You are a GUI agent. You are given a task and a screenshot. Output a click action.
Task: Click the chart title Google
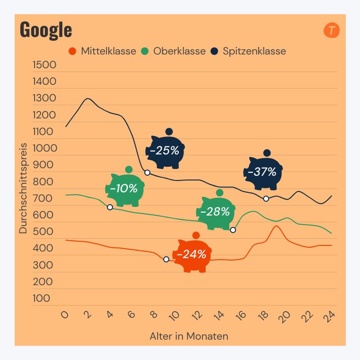(x=46, y=30)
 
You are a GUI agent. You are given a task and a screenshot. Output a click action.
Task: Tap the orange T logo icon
(x=332, y=31)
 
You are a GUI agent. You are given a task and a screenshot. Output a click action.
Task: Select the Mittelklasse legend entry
(x=103, y=51)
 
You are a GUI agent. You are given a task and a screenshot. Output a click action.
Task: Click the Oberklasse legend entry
(x=174, y=51)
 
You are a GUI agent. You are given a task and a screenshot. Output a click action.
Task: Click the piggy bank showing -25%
(x=165, y=151)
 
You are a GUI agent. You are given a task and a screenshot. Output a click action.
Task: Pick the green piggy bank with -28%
(x=216, y=212)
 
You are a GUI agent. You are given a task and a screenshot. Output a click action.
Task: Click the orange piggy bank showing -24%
(x=193, y=254)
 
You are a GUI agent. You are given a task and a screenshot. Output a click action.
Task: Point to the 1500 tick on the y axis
(x=44, y=65)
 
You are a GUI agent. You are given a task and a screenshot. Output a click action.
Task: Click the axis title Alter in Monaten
(x=189, y=337)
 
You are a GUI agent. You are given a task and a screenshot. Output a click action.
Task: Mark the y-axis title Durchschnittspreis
(x=23, y=188)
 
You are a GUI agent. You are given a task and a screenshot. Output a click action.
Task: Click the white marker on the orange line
(x=166, y=259)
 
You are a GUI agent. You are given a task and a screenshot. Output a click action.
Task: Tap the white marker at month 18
(x=266, y=198)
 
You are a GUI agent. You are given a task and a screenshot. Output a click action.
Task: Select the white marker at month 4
(x=110, y=207)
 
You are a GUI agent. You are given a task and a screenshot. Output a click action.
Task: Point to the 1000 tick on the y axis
(x=44, y=148)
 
